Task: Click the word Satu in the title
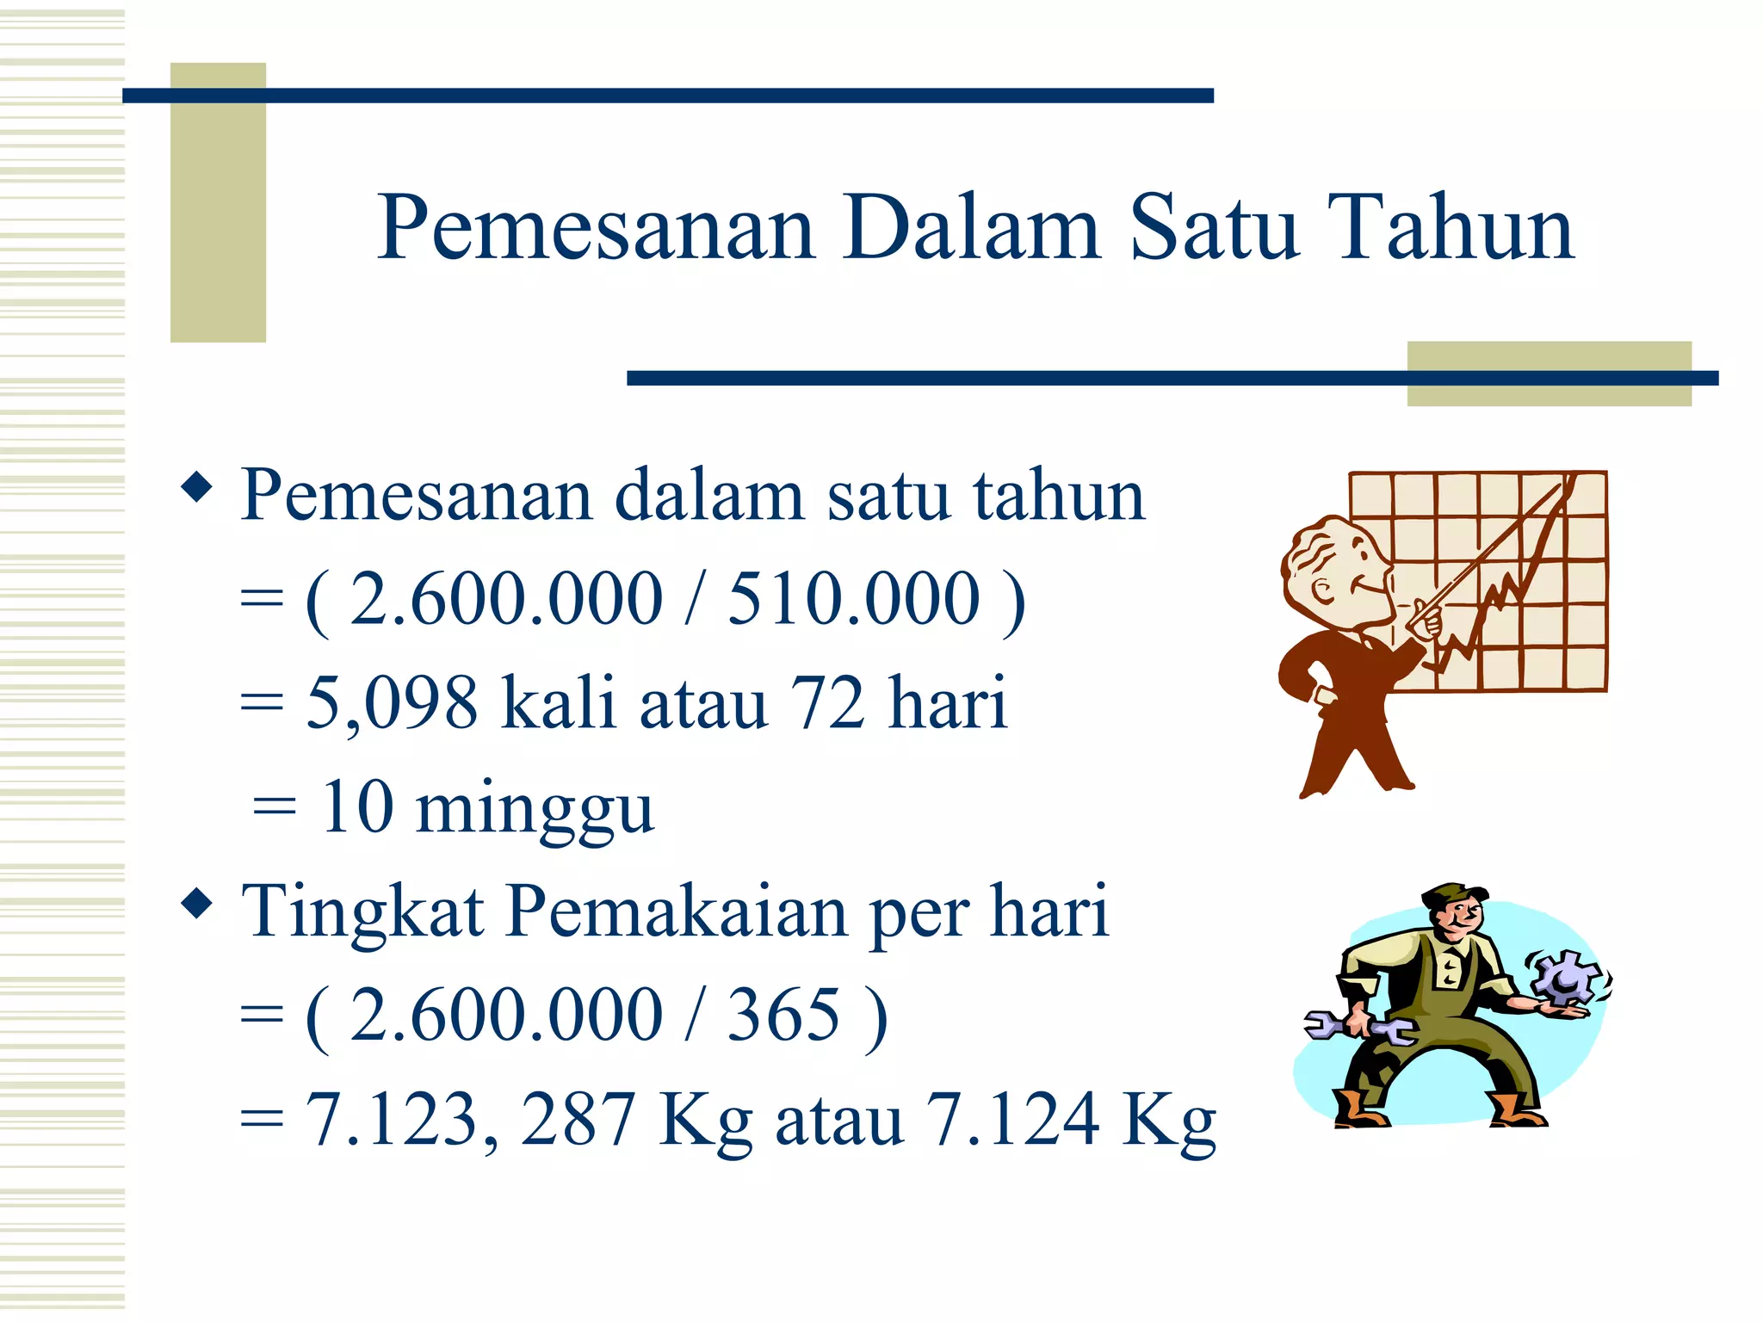(1213, 228)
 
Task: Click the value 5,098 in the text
(392, 703)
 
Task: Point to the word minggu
(535, 810)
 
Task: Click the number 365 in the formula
(783, 1016)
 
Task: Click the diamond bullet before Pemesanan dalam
(197, 488)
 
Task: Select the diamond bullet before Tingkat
(197, 903)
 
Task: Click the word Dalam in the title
(972, 228)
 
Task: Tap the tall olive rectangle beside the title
(218, 203)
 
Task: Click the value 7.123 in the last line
(392, 1119)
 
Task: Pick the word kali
(559, 703)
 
